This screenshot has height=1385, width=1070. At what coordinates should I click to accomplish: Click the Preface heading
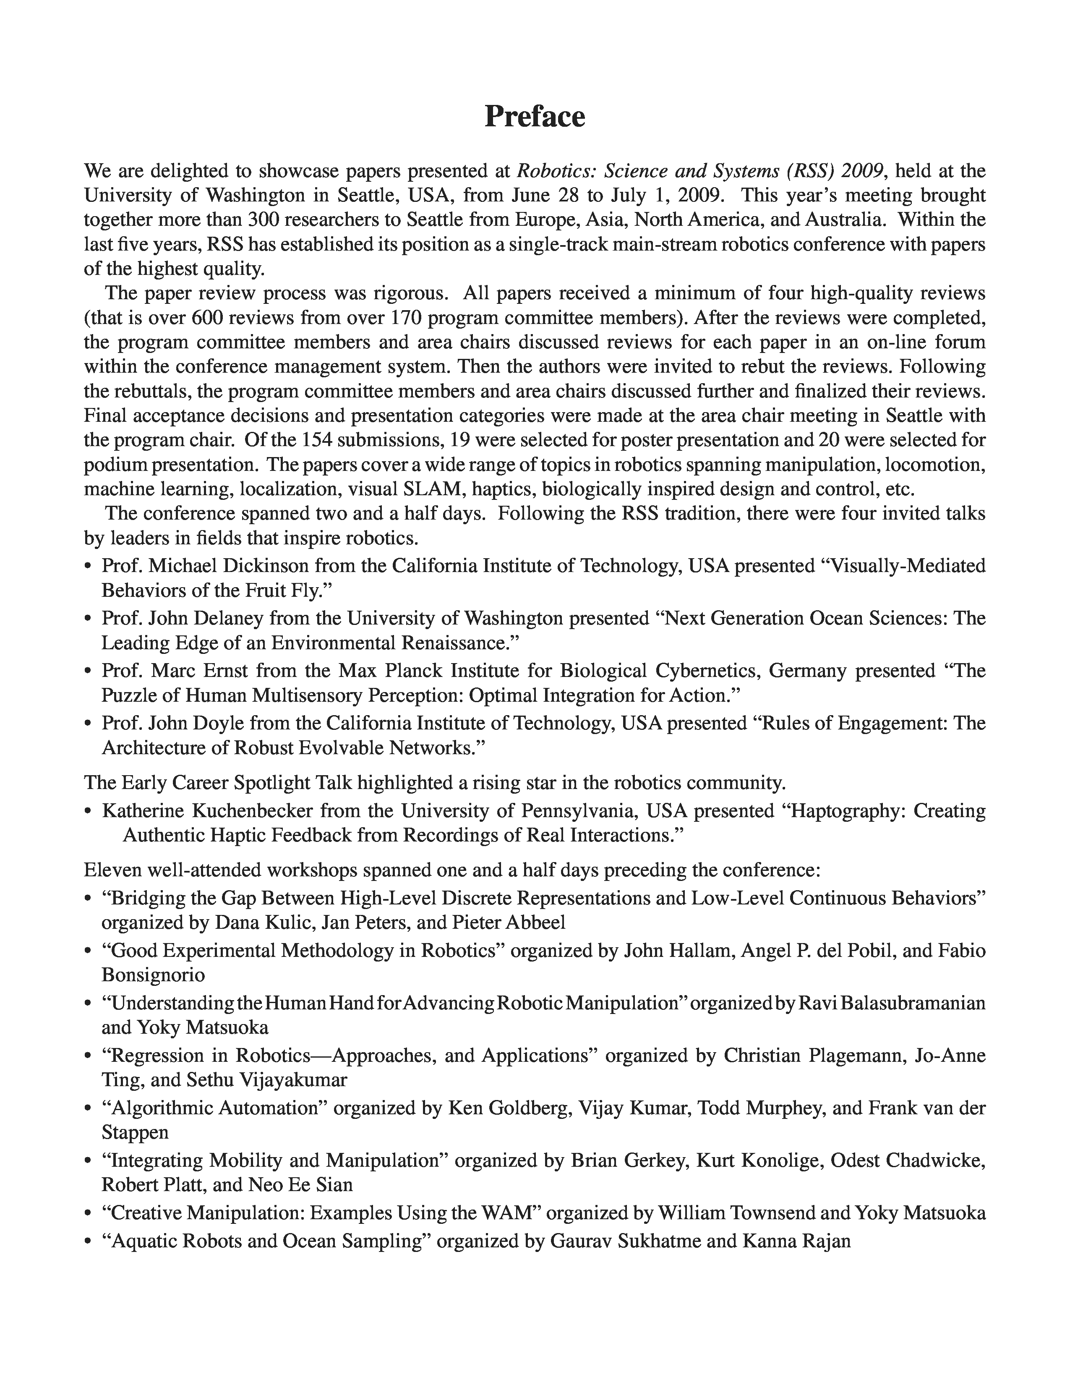tap(534, 117)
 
